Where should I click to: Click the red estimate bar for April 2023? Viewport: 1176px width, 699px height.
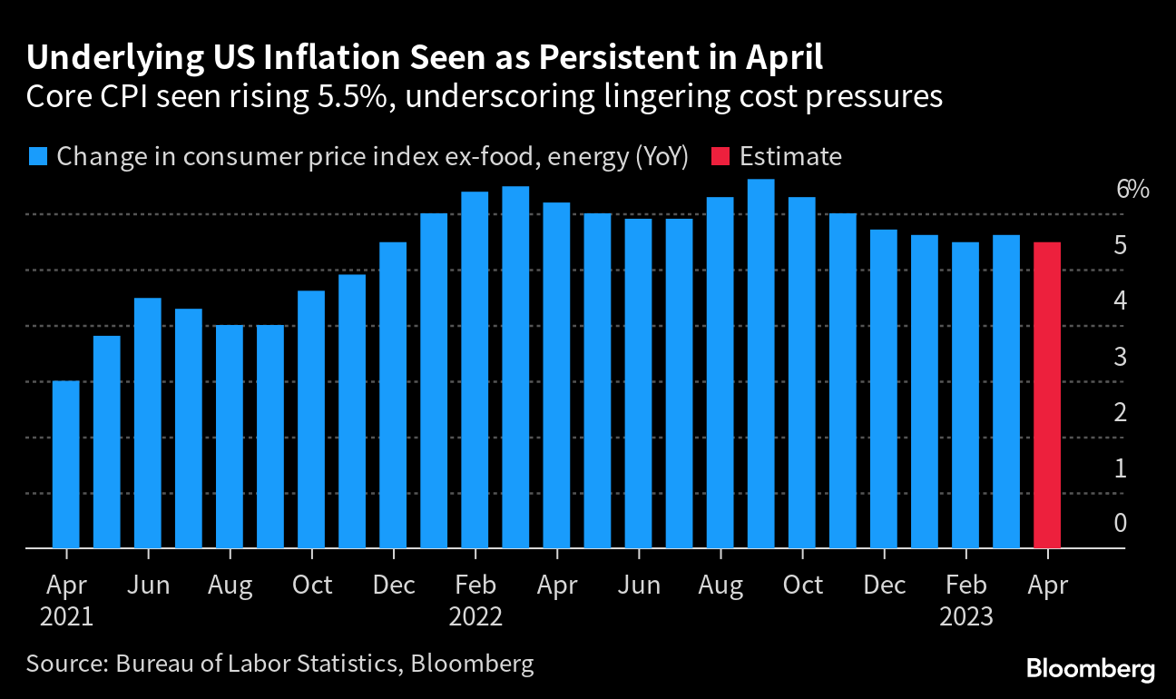(1047, 395)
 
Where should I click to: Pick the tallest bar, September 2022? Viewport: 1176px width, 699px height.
(760, 364)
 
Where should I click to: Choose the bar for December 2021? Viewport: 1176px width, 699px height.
(393, 396)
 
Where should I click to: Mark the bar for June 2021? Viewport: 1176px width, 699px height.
(148, 423)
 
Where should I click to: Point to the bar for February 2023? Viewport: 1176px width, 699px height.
(965, 396)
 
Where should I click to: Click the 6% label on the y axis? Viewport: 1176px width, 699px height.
(1132, 190)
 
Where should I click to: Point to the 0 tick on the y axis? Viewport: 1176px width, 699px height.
(1121, 523)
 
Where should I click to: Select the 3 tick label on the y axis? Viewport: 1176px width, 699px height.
(1121, 357)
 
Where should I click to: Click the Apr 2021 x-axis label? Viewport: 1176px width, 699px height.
(65, 600)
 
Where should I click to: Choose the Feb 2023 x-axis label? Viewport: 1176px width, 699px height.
(965, 600)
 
